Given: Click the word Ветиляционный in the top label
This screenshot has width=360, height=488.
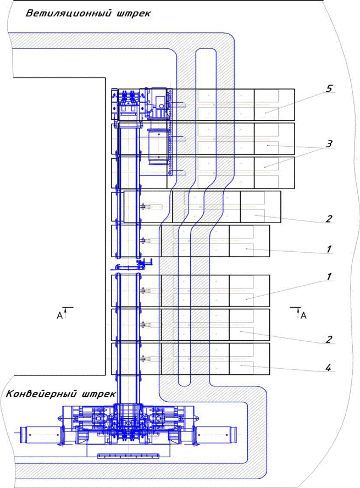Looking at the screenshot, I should coord(68,14).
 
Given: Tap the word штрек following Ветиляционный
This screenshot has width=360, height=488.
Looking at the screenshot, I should coord(134,14).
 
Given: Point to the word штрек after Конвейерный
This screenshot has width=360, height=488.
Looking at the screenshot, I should coord(97,395).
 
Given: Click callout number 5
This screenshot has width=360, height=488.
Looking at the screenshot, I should coord(329,88).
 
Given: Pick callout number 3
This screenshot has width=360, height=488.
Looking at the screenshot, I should coord(329,144).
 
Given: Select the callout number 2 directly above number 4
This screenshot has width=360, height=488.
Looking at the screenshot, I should coord(328,339).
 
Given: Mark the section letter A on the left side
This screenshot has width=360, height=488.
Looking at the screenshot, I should coord(59,315).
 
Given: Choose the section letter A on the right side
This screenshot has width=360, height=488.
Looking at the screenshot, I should coord(303,315).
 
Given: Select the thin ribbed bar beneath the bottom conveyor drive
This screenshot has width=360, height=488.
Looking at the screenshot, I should coord(128,456).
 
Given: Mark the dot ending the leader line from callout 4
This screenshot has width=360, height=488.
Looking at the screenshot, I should coord(241,364).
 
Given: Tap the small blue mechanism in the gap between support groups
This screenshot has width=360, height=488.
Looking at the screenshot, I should coord(131,266).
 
